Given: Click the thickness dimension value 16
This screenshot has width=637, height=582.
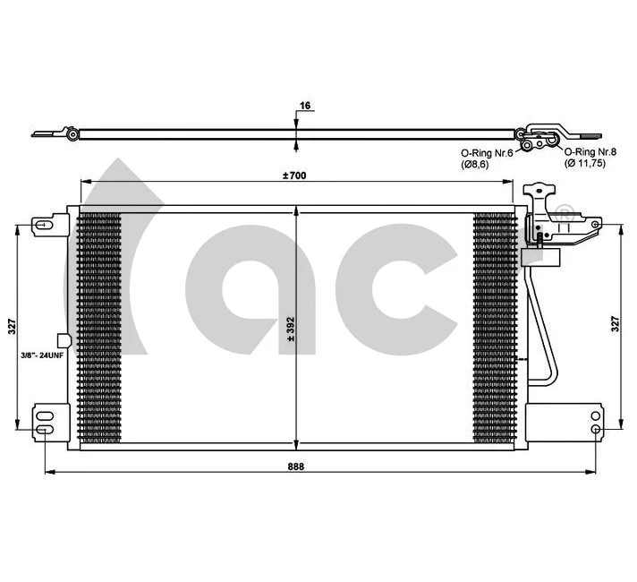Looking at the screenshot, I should [x=305, y=106].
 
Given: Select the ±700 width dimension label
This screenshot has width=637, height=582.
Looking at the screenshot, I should [x=294, y=175].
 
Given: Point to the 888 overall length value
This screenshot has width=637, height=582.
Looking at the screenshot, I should [x=294, y=466].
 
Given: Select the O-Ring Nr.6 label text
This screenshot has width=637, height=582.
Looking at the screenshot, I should [x=486, y=153].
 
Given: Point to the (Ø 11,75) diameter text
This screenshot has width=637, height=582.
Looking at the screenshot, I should [x=586, y=164].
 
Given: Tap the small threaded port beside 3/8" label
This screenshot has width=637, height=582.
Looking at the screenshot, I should [x=62, y=341].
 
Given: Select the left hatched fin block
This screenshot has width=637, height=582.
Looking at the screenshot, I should [x=100, y=329].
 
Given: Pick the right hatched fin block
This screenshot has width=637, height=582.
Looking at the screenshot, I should [x=494, y=329].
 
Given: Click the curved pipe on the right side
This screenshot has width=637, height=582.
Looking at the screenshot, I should [x=544, y=331].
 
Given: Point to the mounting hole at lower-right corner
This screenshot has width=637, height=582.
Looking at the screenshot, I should [x=596, y=429].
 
